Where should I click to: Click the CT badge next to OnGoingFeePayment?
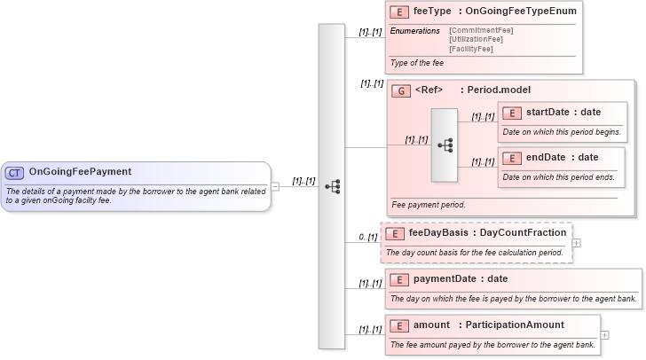pyautogui.click(x=15, y=172)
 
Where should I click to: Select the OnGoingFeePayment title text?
pyautogui.click(x=80, y=172)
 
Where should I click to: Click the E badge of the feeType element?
pyautogui.click(x=399, y=12)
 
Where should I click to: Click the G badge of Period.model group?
pyautogui.click(x=401, y=90)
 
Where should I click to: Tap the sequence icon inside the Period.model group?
pyautogui.click(x=445, y=145)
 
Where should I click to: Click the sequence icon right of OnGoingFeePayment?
pyautogui.click(x=332, y=186)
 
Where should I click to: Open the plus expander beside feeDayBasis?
pyautogui.click(x=577, y=242)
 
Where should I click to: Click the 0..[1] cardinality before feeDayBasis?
pyautogui.click(x=368, y=237)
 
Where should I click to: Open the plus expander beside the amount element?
pyautogui.click(x=605, y=335)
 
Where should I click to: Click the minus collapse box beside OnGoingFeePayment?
pyautogui.click(x=275, y=186)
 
